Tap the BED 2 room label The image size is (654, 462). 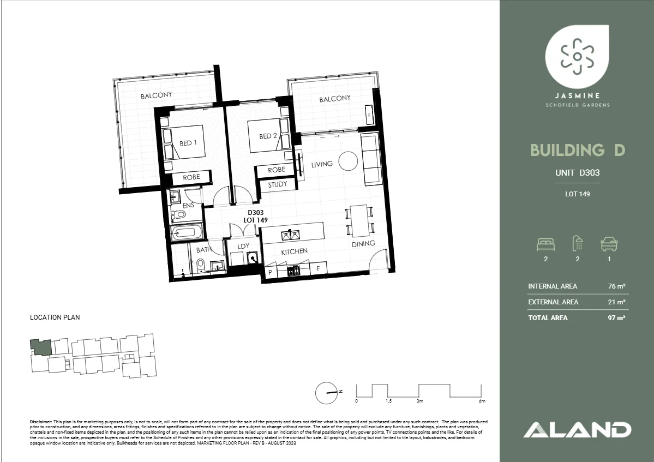coord(266,136)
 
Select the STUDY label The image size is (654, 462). coord(277,184)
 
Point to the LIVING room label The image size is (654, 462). coord(322,164)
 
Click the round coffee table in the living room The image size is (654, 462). coord(348,161)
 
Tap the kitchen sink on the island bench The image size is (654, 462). coord(290,236)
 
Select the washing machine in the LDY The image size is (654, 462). coord(252,259)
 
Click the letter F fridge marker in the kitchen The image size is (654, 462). coord(318,269)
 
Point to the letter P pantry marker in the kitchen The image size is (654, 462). coord(269,271)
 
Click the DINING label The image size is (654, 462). coord(363,244)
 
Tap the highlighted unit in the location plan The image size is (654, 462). coord(41,346)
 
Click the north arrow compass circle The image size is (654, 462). coord(325,393)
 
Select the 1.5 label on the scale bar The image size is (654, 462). coord(388,401)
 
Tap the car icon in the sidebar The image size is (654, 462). coord(609,244)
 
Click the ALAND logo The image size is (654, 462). coord(577,430)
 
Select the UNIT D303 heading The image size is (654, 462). coord(577,173)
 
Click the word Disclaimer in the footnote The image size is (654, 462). coord(41,422)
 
